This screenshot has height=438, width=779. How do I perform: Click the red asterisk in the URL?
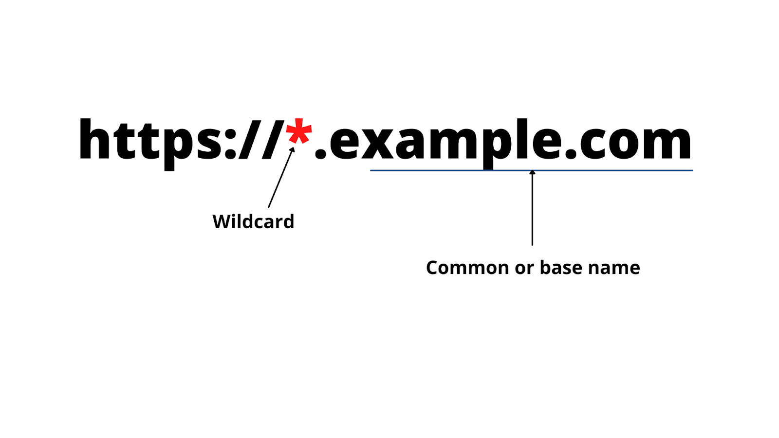click(x=298, y=132)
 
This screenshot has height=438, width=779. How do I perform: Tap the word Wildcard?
click(x=253, y=222)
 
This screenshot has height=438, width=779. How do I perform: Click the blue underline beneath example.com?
click(x=438, y=170)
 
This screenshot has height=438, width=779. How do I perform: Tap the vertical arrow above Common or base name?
click(x=532, y=209)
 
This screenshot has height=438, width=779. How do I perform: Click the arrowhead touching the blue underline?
click(x=532, y=172)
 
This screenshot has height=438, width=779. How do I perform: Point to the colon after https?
click(x=230, y=144)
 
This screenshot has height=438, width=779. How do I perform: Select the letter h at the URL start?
click(x=94, y=140)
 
